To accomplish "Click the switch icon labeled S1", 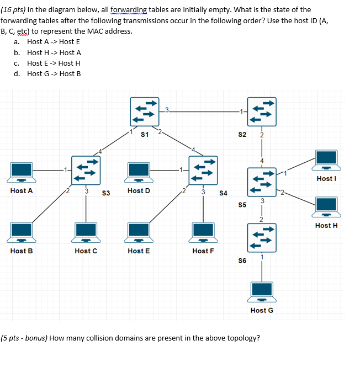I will tap(145, 111).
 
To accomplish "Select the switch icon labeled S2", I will tap(261, 111).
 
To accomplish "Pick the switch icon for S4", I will tap(203, 171).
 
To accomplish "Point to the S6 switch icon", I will tap(261, 238).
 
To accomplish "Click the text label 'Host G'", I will tap(262, 310).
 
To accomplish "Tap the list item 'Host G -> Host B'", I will tap(54, 73).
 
